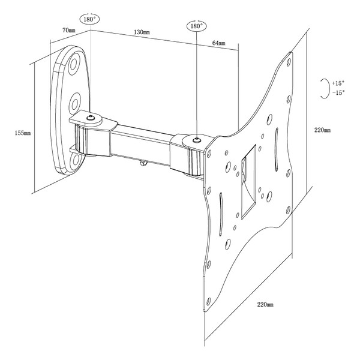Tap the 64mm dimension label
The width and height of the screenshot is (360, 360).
[218, 43]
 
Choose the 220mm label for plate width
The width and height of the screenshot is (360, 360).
[265, 305]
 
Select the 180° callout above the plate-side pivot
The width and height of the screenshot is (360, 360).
[196, 26]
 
